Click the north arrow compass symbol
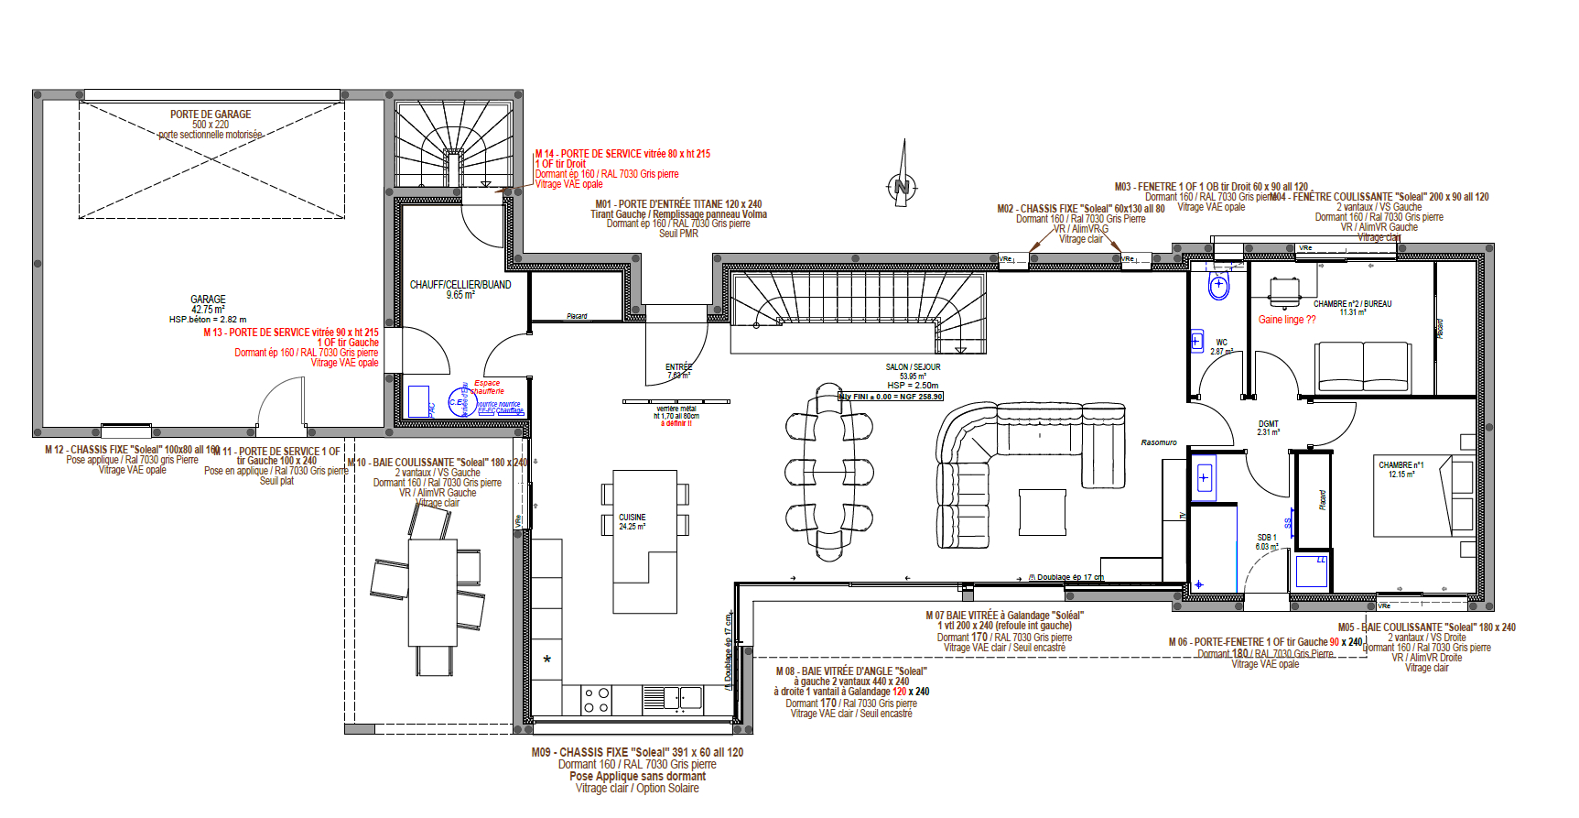tap(903, 186)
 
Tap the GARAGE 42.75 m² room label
tap(208, 304)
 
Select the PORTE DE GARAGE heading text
tap(211, 115)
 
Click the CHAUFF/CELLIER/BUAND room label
tap(460, 285)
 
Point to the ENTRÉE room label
tap(678, 367)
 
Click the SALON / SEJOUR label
tap(913, 367)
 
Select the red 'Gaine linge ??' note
tap(1286, 320)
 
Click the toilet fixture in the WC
tap(1218, 286)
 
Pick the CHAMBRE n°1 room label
tap(1401, 465)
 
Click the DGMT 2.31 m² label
tap(1268, 424)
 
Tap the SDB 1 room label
tap(1266, 539)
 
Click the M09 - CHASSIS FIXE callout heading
tap(637, 752)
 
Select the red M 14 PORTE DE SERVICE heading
tap(622, 154)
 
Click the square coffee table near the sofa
tap(1042, 513)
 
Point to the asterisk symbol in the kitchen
tap(547, 660)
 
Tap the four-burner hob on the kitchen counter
tap(597, 700)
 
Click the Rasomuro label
tap(1158, 442)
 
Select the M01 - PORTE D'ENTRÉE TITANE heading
tap(678, 204)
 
